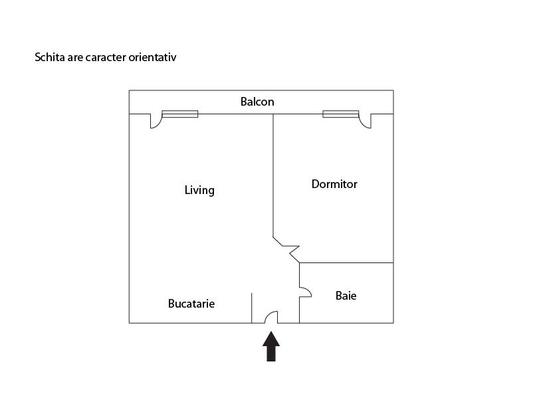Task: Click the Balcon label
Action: coord(257,102)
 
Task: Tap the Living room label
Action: coord(199,190)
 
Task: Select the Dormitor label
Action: coord(334,184)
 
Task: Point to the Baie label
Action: coord(346,296)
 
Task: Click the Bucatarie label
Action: coord(191,304)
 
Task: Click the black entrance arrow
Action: coord(271,346)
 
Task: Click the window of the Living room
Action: coord(180,114)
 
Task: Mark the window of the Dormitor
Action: coord(341,114)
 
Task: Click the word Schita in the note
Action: coord(50,57)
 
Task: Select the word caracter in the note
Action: coord(106,57)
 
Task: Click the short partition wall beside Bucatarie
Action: coord(251,308)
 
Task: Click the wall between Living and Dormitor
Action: coord(273,175)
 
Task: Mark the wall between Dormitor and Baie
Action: coord(346,262)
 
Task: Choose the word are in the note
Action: coord(75,58)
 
